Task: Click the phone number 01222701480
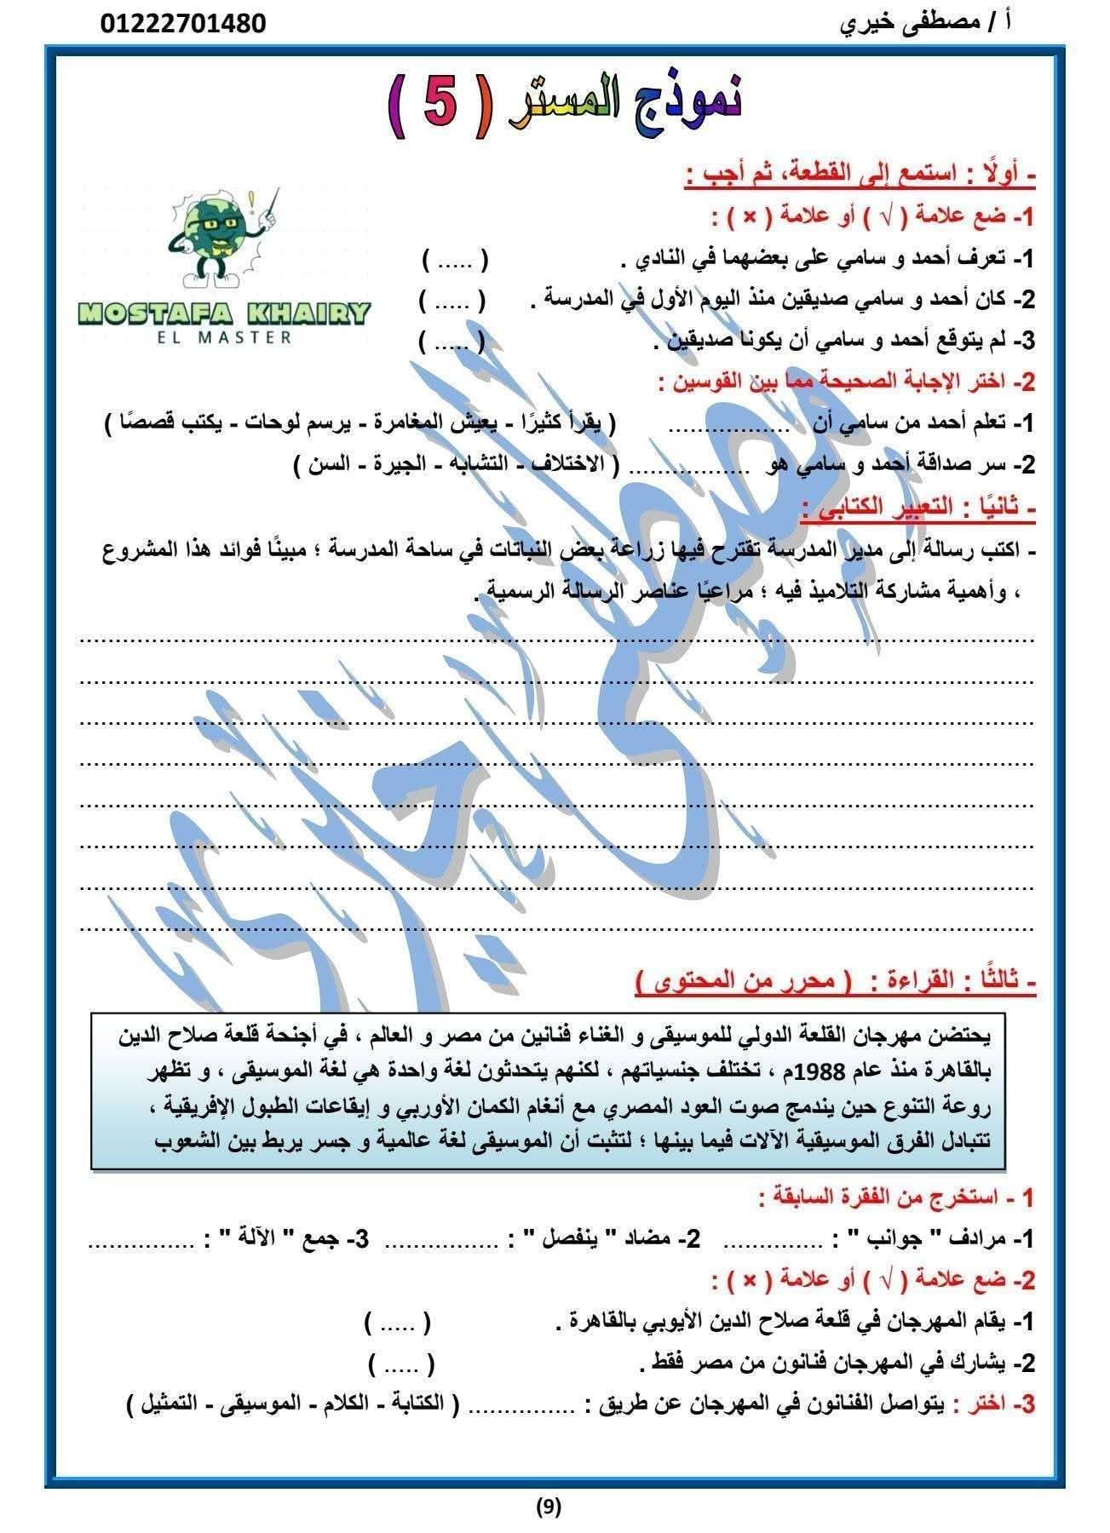tap(184, 23)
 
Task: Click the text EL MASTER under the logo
tap(224, 337)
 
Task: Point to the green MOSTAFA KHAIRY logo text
tap(224, 313)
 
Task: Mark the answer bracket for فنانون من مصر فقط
tap(402, 1364)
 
